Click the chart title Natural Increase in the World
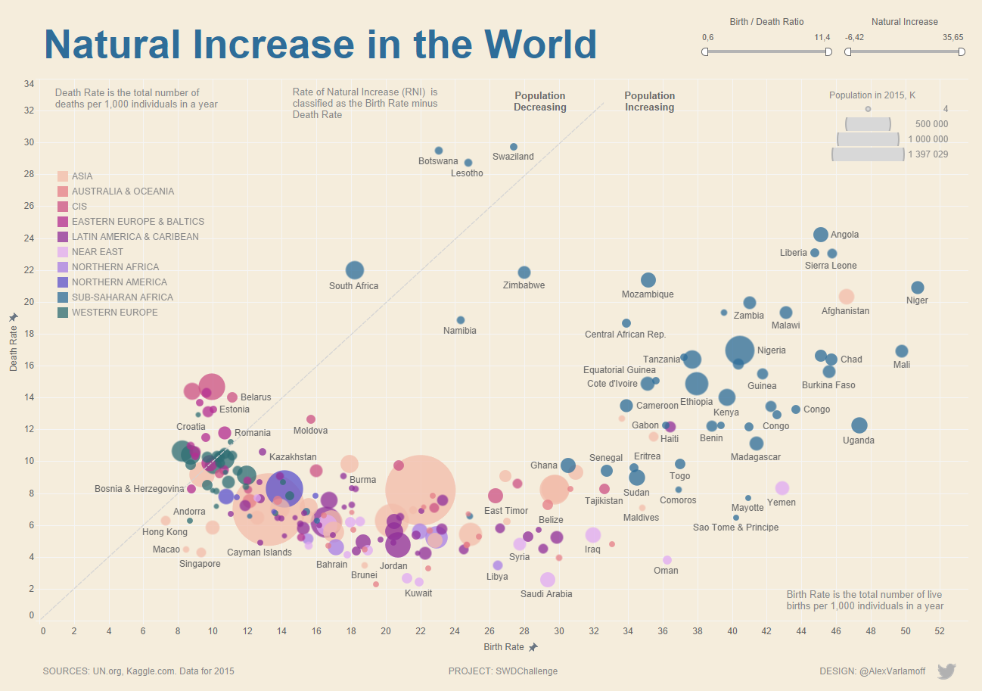tap(320, 45)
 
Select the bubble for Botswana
tap(439, 151)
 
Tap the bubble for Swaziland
tap(514, 147)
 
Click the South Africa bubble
tap(355, 270)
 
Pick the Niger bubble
tap(918, 288)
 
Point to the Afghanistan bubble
tap(847, 297)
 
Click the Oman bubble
tap(667, 560)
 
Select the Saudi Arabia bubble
tap(548, 580)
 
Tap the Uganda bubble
tap(859, 425)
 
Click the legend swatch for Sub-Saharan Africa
tap(64, 297)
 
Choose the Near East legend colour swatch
tap(64, 252)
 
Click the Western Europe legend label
tap(115, 313)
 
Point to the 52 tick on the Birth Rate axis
tap(940, 630)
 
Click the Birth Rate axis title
tap(504, 647)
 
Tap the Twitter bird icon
tap(946, 671)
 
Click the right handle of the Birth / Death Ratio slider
tap(828, 52)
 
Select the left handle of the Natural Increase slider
tap(848, 52)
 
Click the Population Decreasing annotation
tap(539, 101)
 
